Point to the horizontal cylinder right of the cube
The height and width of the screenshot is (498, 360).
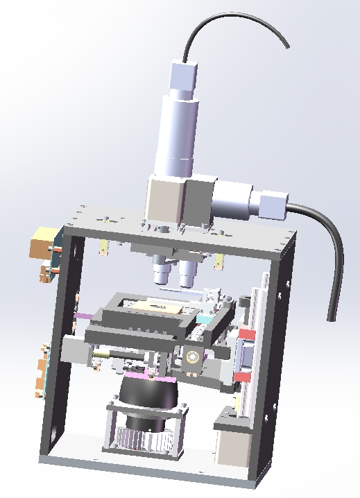(233, 200)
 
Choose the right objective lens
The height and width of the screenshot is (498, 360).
(186, 275)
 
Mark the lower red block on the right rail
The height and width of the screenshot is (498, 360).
(240, 377)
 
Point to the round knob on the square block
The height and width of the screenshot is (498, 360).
(192, 358)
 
